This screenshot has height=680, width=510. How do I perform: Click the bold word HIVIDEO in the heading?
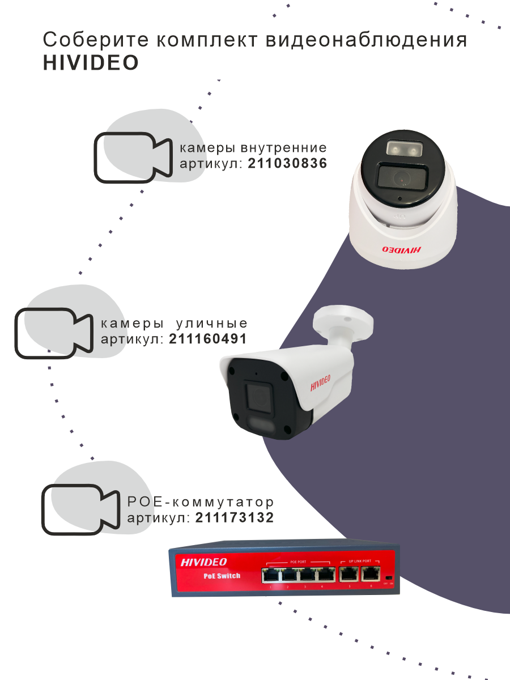(x=91, y=63)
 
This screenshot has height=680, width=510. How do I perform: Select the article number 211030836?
(x=288, y=164)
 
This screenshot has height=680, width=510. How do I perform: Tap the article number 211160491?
(x=208, y=339)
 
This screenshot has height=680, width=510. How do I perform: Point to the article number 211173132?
(x=235, y=517)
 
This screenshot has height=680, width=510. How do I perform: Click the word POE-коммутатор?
(x=201, y=502)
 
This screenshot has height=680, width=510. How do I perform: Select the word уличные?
(x=212, y=324)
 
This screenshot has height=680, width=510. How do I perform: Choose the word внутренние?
(x=283, y=148)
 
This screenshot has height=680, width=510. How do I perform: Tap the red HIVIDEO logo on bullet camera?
(x=324, y=385)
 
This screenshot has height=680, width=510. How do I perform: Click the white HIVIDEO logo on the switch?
(x=203, y=562)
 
